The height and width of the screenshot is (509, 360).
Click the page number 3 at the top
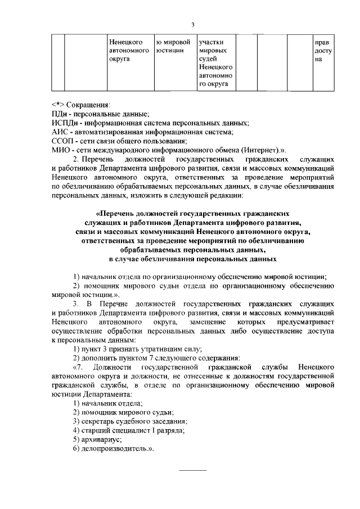click(x=192, y=25)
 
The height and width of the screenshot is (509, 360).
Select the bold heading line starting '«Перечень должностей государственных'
click(x=192, y=214)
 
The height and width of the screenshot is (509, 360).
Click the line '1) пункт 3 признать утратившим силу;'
click(x=131, y=349)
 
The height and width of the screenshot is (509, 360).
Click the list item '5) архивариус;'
click(x=97, y=439)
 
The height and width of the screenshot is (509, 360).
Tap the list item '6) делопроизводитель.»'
click(x=113, y=448)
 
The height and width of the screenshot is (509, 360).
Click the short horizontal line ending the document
click(x=192, y=470)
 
